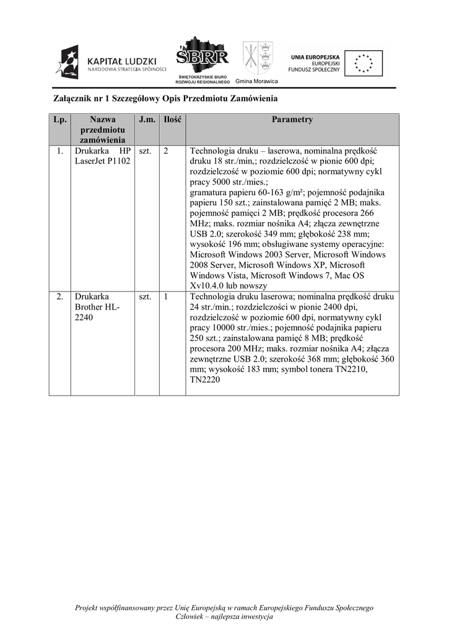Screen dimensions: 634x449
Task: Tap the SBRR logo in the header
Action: pyautogui.click(x=203, y=58)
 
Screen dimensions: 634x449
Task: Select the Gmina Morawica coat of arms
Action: pyautogui.click(x=258, y=58)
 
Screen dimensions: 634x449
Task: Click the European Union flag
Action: pyautogui.click(x=364, y=63)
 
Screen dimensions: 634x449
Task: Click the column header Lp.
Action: pyautogui.click(x=60, y=119)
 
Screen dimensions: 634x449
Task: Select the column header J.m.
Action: pyautogui.click(x=147, y=119)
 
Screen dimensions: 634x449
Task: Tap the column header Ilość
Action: pyautogui.click(x=172, y=119)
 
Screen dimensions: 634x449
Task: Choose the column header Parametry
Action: pyautogui.click(x=292, y=119)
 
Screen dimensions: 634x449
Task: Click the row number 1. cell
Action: pyautogui.click(x=60, y=151)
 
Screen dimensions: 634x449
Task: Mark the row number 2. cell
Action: pyautogui.click(x=60, y=297)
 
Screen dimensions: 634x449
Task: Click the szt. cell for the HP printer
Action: pyautogui.click(x=146, y=151)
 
